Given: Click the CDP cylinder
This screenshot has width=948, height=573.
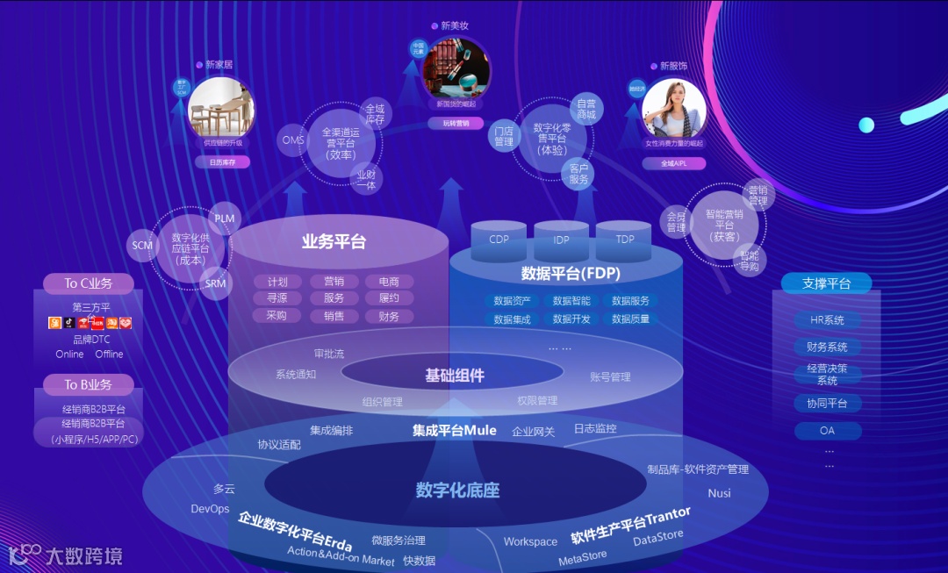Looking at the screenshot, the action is tap(499, 240).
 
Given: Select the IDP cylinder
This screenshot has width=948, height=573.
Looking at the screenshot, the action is tap(561, 240).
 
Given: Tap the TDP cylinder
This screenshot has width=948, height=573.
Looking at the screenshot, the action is tap(624, 240).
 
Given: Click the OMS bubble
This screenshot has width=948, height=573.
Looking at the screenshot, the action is tap(293, 140).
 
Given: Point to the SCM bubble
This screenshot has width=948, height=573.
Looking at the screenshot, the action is tap(142, 246).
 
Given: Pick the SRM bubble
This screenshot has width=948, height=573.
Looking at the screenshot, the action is tap(215, 283).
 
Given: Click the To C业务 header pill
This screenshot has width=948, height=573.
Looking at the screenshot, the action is tap(89, 283).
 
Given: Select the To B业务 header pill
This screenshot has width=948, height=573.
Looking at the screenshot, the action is tap(89, 384).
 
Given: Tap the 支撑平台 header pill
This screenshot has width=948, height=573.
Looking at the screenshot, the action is tap(826, 283).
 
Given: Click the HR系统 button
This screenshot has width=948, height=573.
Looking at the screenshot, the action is tap(827, 320).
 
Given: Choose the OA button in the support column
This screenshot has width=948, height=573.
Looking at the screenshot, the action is tap(827, 431).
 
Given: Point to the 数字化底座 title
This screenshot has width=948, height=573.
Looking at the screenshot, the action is tap(457, 490).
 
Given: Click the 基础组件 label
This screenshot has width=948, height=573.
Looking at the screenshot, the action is tap(455, 376).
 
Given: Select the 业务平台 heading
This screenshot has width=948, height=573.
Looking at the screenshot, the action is tap(334, 242).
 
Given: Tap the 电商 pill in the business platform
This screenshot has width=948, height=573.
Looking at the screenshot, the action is tap(389, 282).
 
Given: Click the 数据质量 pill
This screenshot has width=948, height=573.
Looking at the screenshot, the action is tap(630, 319).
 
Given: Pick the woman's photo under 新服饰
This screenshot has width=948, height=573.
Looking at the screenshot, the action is tap(674, 108).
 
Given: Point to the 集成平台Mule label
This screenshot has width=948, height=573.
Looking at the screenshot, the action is tap(455, 431).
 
